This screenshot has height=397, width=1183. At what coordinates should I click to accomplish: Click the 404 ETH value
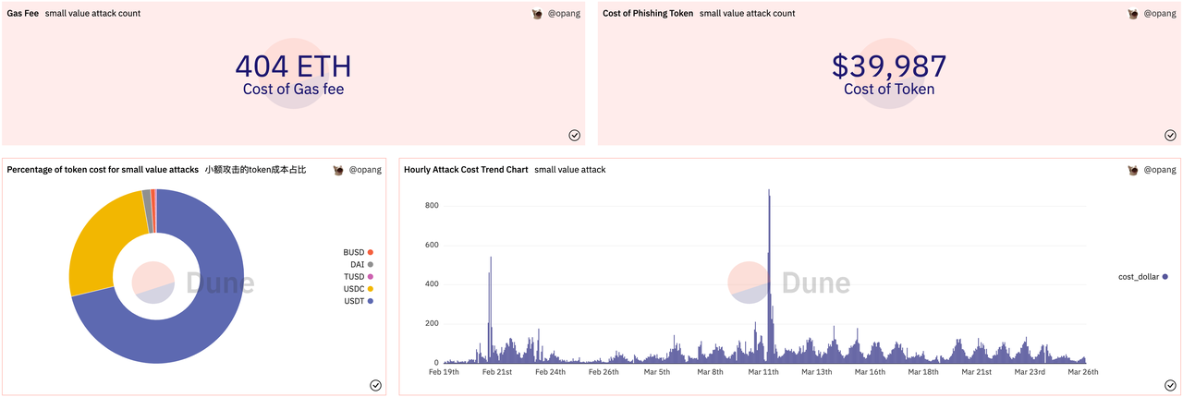click(x=293, y=66)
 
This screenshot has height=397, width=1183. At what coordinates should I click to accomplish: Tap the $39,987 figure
click(x=889, y=66)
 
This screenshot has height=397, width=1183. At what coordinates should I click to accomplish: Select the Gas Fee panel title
click(x=23, y=14)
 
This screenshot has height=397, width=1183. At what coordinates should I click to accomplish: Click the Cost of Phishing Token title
click(x=648, y=14)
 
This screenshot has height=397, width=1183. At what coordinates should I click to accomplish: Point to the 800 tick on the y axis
click(x=432, y=205)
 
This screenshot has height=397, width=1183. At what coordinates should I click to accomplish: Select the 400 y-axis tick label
click(x=432, y=283)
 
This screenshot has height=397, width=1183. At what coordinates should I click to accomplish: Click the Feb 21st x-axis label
click(x=497, y=372)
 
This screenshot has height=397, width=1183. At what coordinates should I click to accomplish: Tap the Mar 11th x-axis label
click(x=763, y=372)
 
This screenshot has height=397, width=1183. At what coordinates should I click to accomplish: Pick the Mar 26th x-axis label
click(x=1082, y=372)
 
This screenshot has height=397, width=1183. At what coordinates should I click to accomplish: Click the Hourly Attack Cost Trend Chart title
click(x=466, y=170)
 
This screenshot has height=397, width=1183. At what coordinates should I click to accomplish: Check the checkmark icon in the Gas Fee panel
click(x=574, y=135)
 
